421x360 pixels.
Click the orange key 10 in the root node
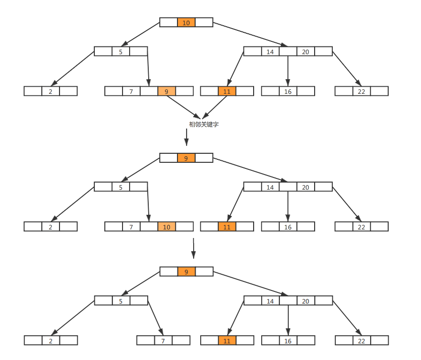coord(186,23)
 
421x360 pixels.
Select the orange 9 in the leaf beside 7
coord(166,91)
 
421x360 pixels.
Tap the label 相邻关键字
coord(204,124)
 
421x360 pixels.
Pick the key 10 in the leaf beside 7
coord(166,227)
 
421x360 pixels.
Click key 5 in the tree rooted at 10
coord(121,51)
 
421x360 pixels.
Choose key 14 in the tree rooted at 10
coord(270,51)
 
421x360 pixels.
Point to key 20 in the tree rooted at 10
coord(306,51)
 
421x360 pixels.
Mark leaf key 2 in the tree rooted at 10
coord(50,91)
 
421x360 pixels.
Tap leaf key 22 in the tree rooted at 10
coord(362,91)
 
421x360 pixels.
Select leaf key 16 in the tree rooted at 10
coord(288,91)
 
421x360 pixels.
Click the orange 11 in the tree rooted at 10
coord(227,91)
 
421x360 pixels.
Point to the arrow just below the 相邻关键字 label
coord(187,137)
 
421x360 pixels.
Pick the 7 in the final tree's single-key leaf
coord(163,341)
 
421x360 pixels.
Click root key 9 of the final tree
coord(186,272)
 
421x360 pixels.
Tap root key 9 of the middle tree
coord(186,158)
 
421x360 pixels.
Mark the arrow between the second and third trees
coord(194,248)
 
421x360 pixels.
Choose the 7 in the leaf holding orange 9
coord(131,91)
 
